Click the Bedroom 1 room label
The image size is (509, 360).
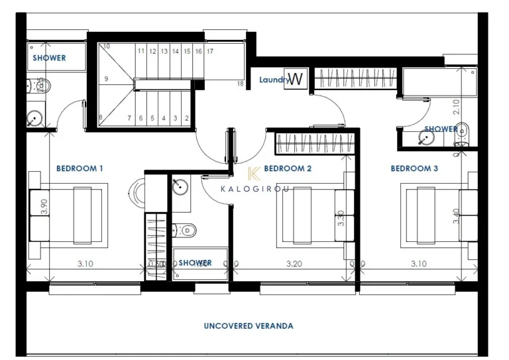80,168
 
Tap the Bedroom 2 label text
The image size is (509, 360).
288,168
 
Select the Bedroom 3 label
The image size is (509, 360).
414,168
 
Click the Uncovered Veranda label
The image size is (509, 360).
249,326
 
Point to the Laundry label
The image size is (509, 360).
272,80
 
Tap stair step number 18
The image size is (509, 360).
240,84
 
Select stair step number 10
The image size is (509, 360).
105,47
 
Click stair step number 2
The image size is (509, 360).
188,118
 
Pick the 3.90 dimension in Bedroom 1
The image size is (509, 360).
44,206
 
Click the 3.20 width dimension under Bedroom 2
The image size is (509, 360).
294,263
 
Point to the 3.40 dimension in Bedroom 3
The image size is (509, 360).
456,216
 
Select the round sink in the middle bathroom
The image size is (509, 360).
180,186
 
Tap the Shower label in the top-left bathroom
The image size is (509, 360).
50,58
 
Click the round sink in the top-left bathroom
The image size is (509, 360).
34,119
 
